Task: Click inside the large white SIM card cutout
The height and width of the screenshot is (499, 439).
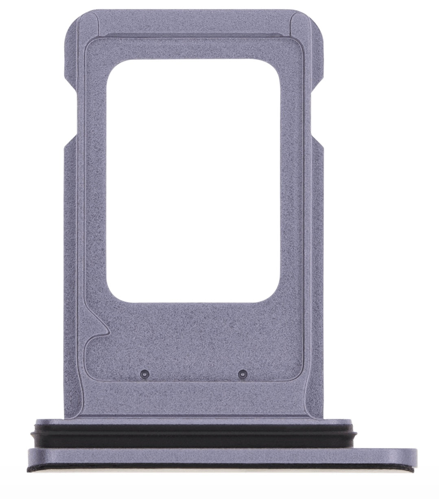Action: [193, 181]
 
